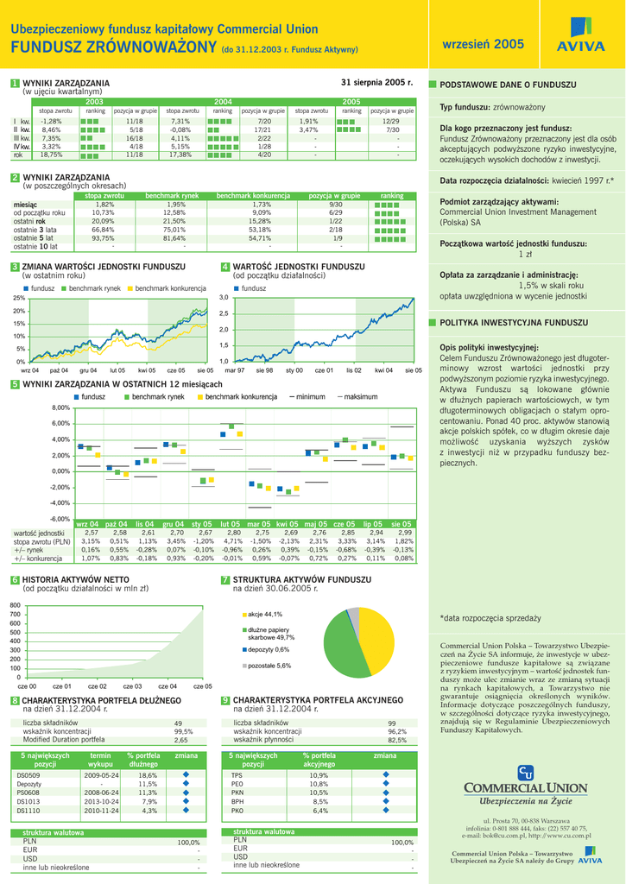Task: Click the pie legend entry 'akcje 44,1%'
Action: coord(264,614)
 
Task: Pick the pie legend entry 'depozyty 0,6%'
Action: coord(268,649)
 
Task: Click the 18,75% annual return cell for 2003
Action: coord(51,155)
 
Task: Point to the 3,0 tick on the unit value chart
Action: coord(224,298)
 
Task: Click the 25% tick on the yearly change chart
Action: coord(19,298)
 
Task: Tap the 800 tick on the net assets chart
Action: coord(15,604)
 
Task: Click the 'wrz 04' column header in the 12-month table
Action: coord(87,524)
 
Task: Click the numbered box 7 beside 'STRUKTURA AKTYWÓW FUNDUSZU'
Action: coord(225,580)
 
